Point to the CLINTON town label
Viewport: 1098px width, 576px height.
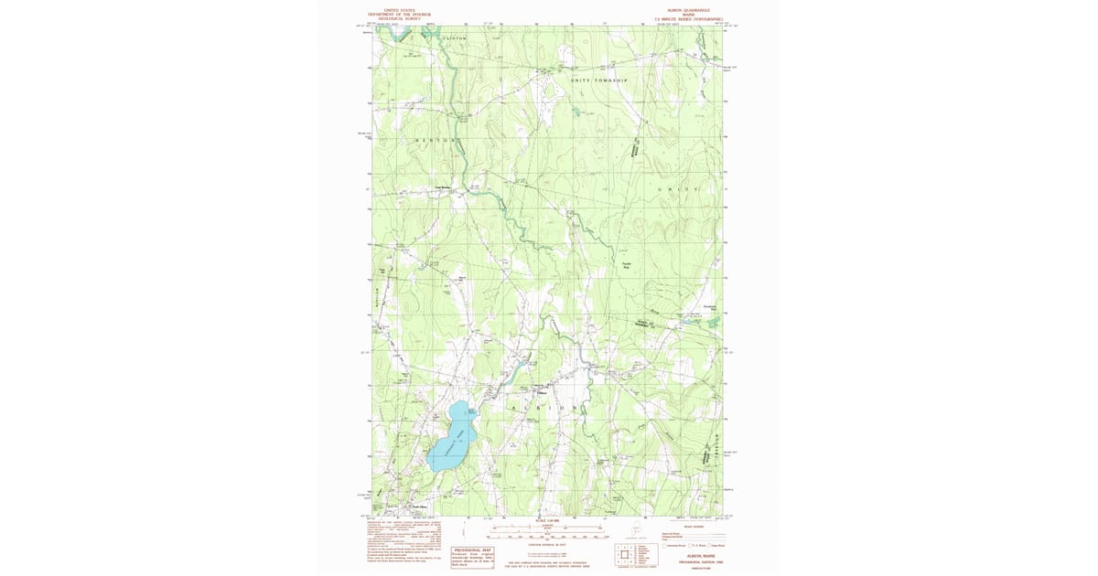[x=455, y=38]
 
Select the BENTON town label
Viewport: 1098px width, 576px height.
[x=436, y=140]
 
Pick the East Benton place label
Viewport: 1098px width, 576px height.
[x=443, y=190]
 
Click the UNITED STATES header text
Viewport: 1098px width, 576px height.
[x=399, y=10]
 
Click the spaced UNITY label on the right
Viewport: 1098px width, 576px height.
[x=677, y=189]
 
